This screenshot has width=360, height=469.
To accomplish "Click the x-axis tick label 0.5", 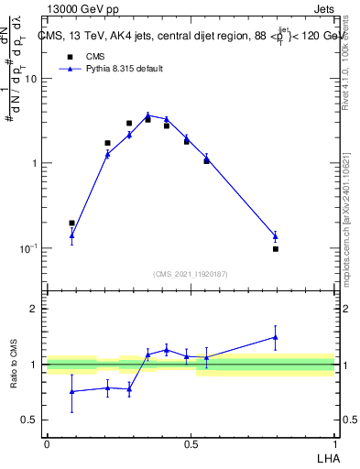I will click(x=191, y=443).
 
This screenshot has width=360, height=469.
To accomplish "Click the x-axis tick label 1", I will click(x=335, y=443).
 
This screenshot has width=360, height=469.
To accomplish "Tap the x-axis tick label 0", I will click(x=47, y=443).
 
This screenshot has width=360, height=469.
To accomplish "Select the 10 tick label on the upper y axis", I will click(x=31, y=79).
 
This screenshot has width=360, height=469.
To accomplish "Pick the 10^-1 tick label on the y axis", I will click(x=29, y=248).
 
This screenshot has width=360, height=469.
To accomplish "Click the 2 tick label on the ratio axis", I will click(x=35, y=309).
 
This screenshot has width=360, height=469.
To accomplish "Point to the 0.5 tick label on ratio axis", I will click(x=30, y=420).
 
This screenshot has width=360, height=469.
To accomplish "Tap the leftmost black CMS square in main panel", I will click(x=71, y=223).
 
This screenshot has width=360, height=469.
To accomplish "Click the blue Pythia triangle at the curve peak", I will click(x=147, y=115).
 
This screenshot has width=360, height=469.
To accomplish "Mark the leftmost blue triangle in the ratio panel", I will click(x=71, y=391).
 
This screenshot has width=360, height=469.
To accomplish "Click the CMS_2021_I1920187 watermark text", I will click(x=191, y=273).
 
